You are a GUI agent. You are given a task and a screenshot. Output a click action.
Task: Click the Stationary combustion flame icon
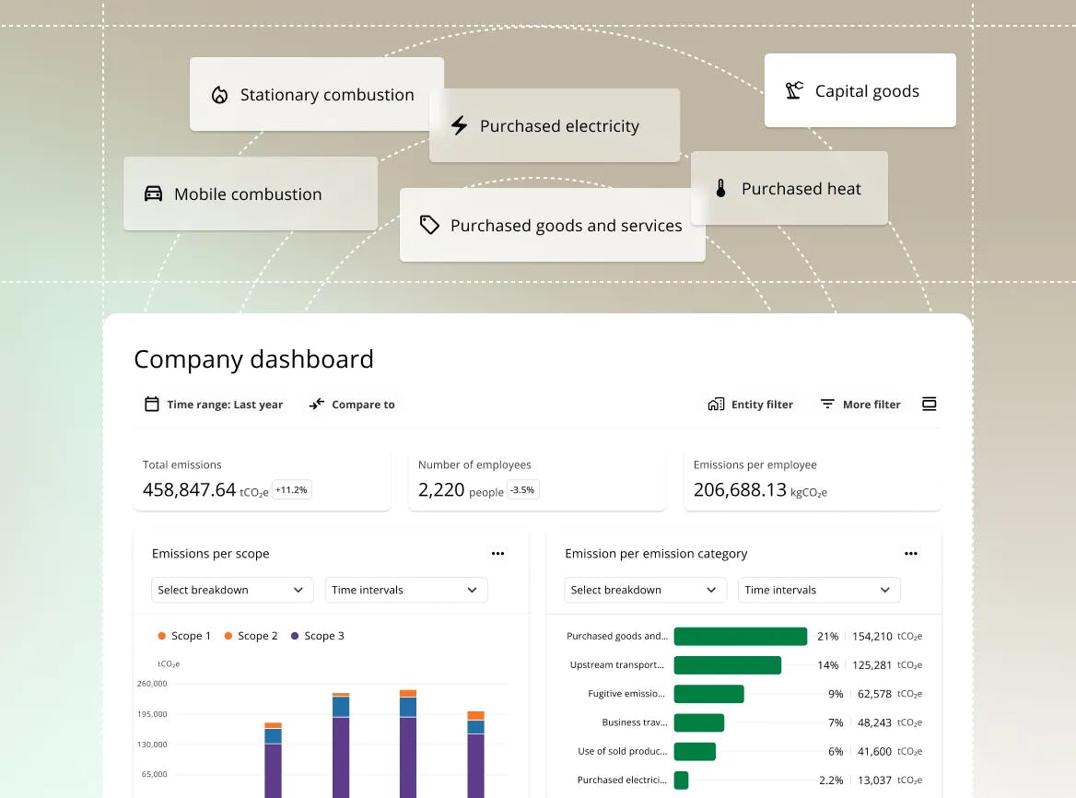pos(219,95)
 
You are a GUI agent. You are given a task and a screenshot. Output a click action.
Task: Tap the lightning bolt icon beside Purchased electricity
pos(459,125)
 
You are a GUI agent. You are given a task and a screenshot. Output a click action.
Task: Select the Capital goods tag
pos(860,90)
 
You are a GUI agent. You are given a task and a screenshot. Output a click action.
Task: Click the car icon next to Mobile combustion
pos(153,194)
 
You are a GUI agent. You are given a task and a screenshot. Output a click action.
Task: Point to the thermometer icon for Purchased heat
pos(720,188)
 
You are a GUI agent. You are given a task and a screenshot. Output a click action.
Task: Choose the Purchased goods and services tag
pos(552,226)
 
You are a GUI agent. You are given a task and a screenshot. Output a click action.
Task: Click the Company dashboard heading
pos(253,358)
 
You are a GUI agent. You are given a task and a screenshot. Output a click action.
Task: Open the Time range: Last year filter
pos(214,405)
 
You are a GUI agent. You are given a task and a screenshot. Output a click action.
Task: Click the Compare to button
pos(352,405)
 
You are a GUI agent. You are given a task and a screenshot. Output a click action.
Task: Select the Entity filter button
pos(750,405)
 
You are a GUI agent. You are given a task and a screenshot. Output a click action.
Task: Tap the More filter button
pos(860,405)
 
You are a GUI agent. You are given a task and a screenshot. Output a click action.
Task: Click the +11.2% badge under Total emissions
pos(292,490)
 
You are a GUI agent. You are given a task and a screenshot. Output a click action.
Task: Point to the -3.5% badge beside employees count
pos(522,490)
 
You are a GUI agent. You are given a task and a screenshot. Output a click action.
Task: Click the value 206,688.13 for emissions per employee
pos(740,490)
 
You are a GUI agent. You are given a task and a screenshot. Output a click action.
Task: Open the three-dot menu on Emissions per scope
pos(497,554)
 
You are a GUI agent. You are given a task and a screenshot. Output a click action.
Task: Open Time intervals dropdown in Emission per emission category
pos(819,590)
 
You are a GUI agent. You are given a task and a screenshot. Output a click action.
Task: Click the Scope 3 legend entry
pos(317,636)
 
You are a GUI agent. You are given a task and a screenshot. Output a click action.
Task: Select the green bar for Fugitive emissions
pos(708,694)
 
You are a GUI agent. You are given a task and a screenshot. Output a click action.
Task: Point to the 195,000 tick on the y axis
pos(154,714)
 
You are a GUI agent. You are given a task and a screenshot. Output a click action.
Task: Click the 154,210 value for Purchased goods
pos(871,636)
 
